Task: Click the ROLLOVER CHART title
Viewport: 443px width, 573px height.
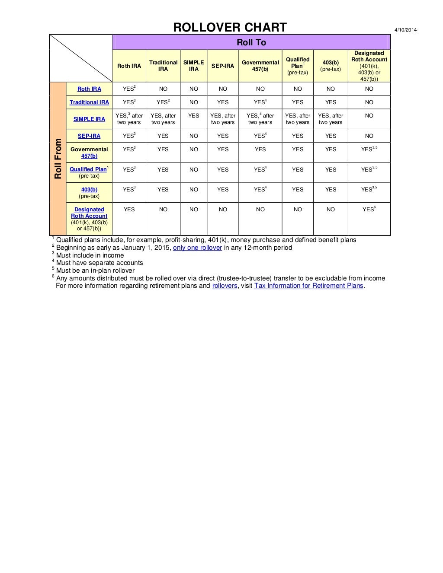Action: pos(230,28)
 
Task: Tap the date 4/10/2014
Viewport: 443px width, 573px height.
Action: pos(405,30)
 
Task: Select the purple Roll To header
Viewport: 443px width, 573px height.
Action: pos(251,42)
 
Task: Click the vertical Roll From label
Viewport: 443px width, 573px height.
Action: pos(58,159)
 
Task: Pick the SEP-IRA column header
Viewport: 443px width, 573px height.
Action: pos(222,66)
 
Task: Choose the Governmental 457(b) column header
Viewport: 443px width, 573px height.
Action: pos(260,66)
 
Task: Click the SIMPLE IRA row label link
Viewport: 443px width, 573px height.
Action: pos(89,119)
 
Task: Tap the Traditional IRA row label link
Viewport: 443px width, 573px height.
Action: pos(89,102)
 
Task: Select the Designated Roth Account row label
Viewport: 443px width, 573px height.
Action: pos(89,213)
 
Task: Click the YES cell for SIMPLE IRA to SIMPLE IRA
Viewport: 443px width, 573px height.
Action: pos(193,116)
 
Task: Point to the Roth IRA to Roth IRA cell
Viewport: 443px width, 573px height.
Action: pos(129,89)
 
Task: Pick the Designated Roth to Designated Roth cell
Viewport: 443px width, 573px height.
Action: pos(369,209)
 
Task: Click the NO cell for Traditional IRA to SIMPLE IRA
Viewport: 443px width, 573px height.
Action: pos(193,102)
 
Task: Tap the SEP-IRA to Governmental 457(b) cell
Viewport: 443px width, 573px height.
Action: pos(260,136)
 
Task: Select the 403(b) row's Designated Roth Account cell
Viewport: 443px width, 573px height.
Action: pos(369,189)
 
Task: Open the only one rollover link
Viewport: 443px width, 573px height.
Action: pos(197,248)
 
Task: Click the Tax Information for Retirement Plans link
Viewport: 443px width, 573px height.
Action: pos(309,286)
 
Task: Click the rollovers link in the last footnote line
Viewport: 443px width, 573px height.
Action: pos(225,286)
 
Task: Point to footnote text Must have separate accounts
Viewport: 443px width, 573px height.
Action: pos(100,263)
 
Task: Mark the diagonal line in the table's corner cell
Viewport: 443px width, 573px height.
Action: pos(81,58)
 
